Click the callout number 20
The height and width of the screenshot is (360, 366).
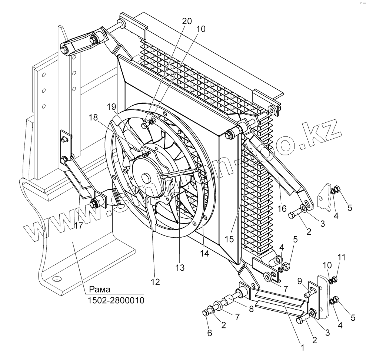coord(187,21)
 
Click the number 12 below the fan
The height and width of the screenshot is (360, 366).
coord(155,282)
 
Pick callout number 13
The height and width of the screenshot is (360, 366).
coord(180,267)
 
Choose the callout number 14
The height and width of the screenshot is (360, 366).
coord(205,253)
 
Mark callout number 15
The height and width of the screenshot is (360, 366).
coord(229,239)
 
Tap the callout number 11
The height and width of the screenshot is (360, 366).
coord(341,257)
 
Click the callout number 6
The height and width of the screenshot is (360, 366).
coord(210,333)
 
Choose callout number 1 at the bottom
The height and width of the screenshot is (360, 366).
coord(302,348)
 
